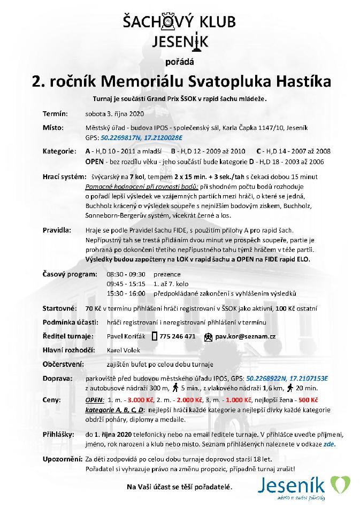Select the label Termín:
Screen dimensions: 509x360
click(55, 114)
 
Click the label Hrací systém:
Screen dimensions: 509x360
click(62, 176)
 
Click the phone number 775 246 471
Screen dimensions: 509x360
click(178, 336)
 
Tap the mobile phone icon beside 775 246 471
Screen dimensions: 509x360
click(155, 336)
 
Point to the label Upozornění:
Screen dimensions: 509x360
click(62, 459)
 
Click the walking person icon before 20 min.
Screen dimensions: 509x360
click(289, 388)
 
